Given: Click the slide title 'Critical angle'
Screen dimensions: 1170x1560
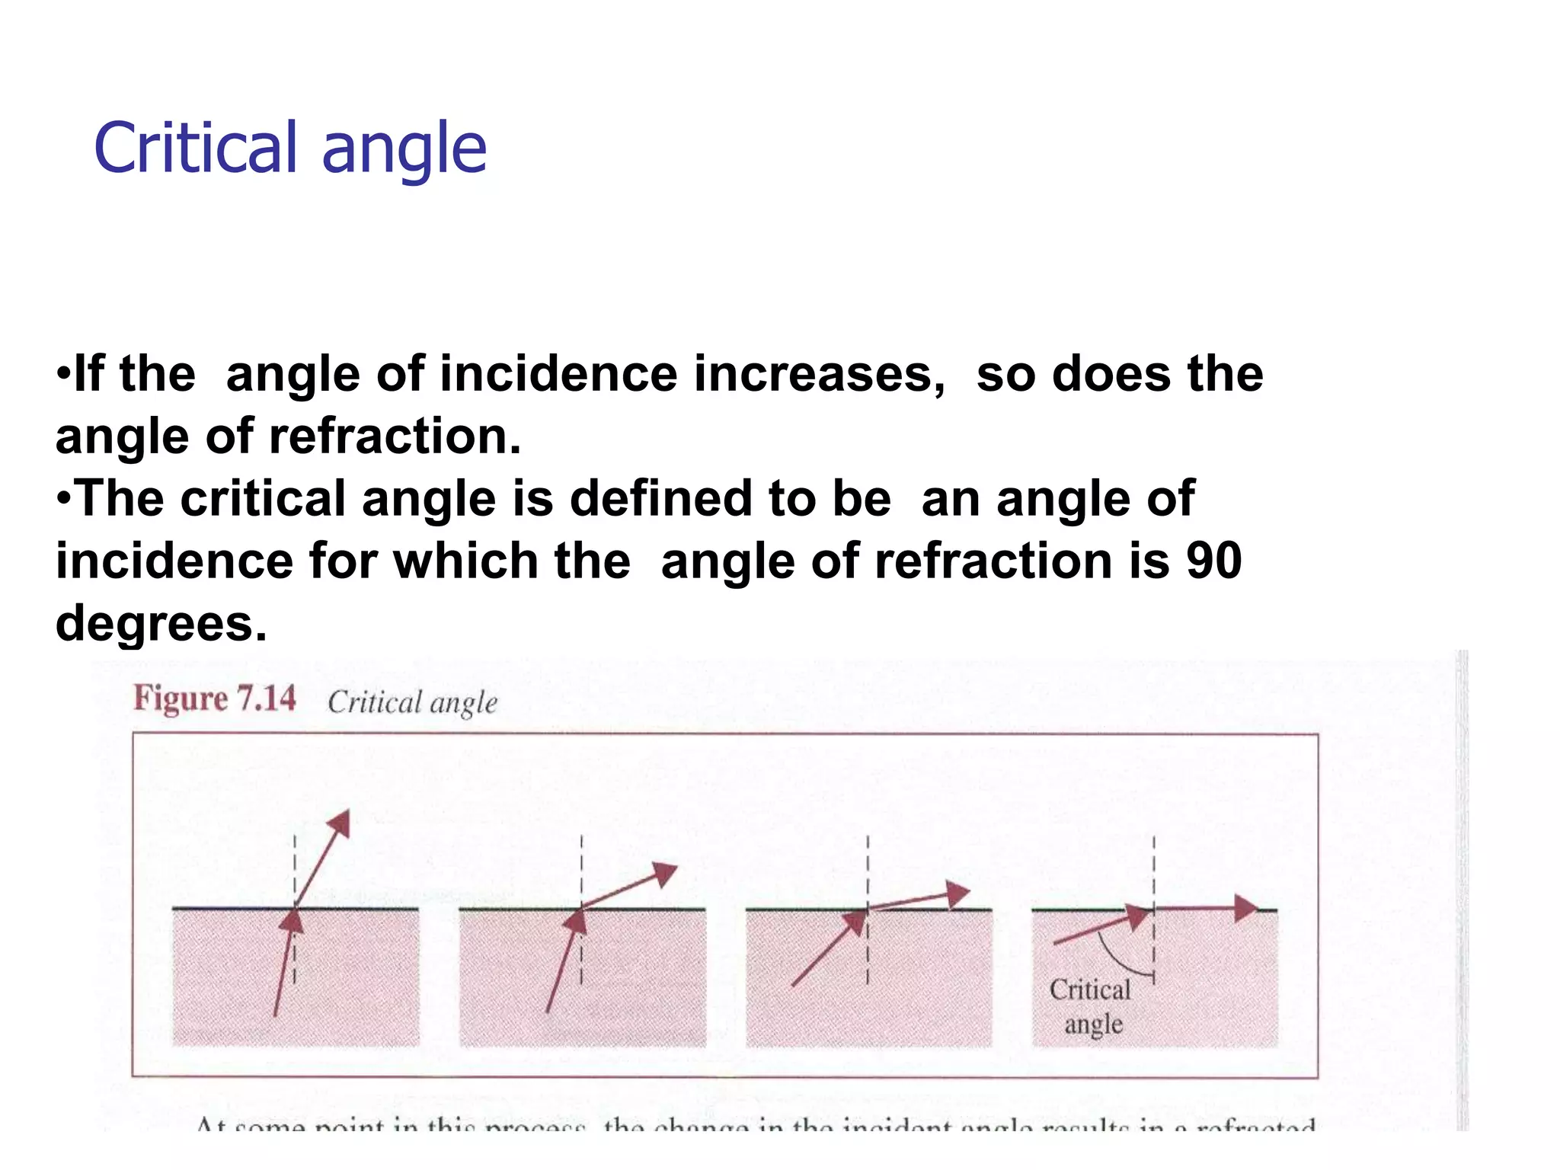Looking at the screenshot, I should point(289,148).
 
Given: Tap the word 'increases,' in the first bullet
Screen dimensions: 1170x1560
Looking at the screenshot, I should point(820,374).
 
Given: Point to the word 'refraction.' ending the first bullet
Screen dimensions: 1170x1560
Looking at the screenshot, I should point(395,436).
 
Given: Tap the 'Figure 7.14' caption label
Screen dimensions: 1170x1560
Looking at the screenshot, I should point(215,698).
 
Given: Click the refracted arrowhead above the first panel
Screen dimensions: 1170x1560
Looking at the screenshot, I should point(340,823).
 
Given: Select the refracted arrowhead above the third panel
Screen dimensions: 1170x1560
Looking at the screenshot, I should point(957,893).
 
